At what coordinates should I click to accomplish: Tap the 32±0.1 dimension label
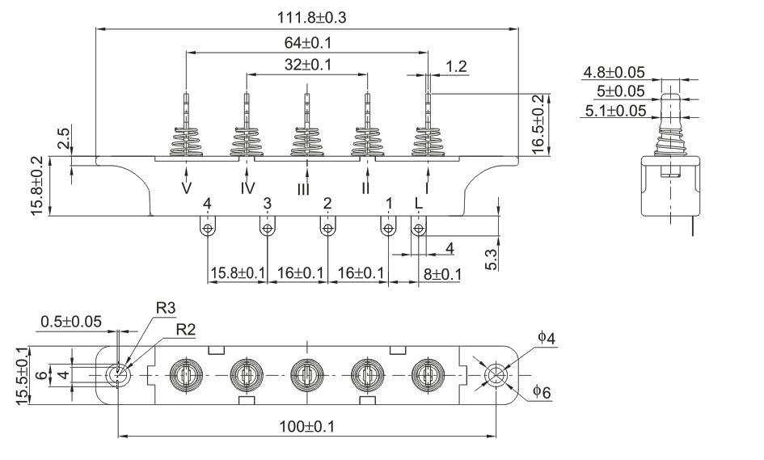click(x=306, y=65)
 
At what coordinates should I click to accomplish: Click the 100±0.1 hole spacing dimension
click(x=305, y=425)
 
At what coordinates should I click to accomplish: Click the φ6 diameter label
click(x=542, y=391)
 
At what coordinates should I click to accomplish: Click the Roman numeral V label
click(x=187, y=188)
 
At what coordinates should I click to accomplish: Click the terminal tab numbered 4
click(x=208, y=230)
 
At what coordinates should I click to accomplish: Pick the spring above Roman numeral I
click(x=428, y=139)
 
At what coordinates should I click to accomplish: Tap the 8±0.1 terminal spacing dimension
click(x=441, y=274)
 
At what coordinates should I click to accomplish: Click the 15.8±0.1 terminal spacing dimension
click(x=238, y=274)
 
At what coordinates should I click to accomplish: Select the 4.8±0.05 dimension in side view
click(x=614, y=73)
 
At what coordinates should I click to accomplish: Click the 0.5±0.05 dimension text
click(x=70, y=321)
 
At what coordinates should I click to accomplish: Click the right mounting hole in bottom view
click(x=493, y=375)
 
